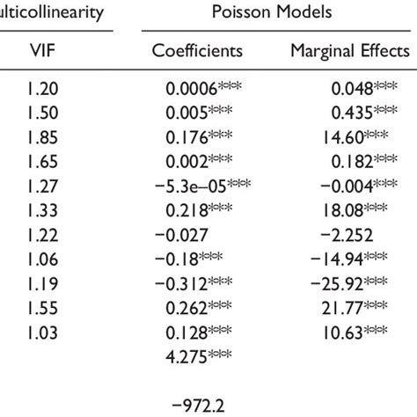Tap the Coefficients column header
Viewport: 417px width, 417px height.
(x=198, y=51)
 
